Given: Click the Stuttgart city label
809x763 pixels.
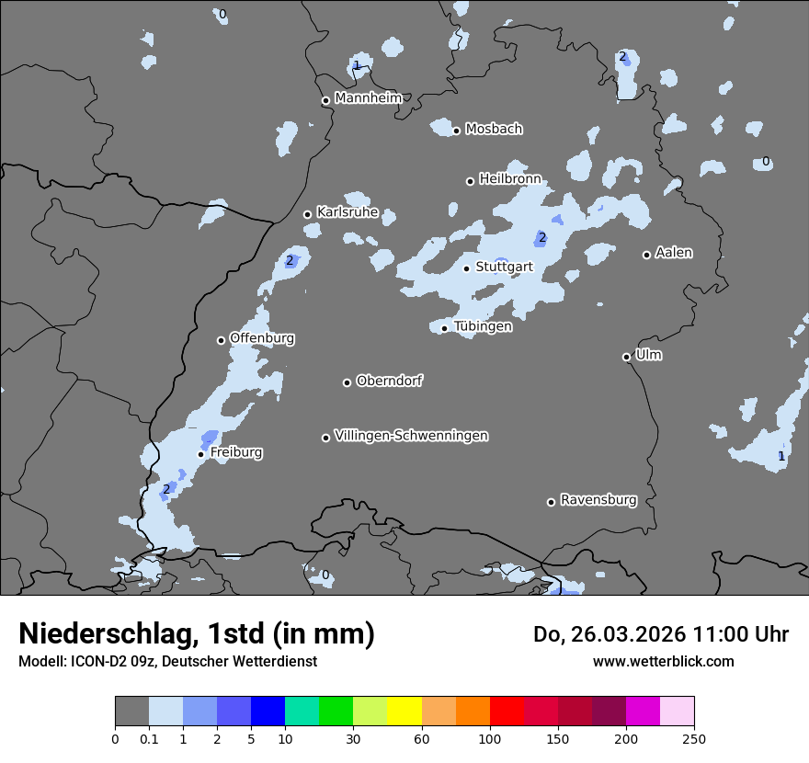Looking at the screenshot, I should pos(504,268).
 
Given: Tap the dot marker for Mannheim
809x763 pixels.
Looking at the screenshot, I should pos(325,101).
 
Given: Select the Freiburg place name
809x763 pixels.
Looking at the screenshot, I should pos(236,452).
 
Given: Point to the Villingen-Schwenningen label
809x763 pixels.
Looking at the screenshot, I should pos(411,436).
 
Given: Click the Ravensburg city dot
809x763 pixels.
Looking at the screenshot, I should pos(552,502).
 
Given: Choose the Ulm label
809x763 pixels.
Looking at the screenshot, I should pos(648,355).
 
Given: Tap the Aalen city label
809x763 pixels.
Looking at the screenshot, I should pos(674,253).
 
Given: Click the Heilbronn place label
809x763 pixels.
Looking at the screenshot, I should pos(510,179).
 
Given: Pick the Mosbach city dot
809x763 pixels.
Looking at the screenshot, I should pos(456,131).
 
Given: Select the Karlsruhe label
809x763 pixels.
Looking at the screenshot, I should pos(348,212).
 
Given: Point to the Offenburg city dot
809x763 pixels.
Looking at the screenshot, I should pos(221,340).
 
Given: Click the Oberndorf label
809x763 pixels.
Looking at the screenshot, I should pos(390,381).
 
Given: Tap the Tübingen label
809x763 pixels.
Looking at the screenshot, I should pos(483,326).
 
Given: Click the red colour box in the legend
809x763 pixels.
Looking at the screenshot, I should pos(507,712).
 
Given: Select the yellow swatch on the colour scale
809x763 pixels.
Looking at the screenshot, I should pos(404,712).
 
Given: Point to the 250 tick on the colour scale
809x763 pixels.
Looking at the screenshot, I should pos(694,738).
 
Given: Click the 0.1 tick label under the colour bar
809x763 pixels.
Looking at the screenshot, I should pos(149,738).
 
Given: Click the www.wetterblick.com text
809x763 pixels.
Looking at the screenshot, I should pos(663,661).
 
